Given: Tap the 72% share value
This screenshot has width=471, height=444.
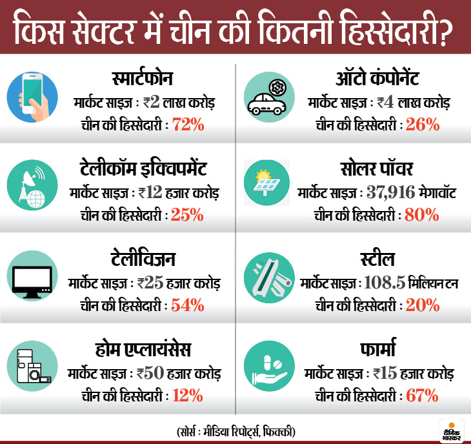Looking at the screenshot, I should tap(188, 124).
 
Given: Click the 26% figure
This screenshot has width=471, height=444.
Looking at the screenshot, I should tap(423, 124).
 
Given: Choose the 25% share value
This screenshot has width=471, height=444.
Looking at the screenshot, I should tap(188, 214).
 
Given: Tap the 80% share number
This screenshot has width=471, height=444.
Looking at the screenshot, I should tap(423, 214).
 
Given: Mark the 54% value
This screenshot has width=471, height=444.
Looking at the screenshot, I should tap(188, 304).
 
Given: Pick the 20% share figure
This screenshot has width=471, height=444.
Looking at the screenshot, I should tap(423, 304).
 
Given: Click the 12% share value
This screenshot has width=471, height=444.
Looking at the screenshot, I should tap(188, 394).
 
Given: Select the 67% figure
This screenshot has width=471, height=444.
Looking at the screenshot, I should tap(423, 394).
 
